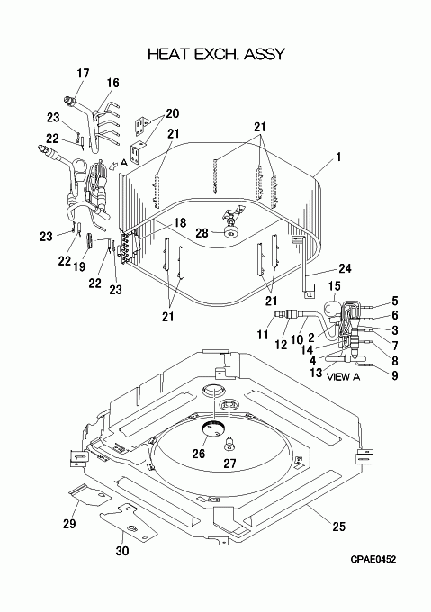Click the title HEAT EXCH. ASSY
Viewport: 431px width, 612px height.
pyautogui.click(x=217, y=54)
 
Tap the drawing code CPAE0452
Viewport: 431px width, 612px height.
pyautogui.click(x=373, y=559)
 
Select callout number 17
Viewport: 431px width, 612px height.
pyautogui.click(x=83, y=74)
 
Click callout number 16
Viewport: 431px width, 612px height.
pyautogui.click(x=112, y=83)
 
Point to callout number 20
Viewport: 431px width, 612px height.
pyautogui.click(x=173, y=113)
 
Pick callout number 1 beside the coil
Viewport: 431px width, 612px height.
pyautogui.click(x=338, y=157)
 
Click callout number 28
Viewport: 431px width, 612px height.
pyautogui.click(x=202, y=233)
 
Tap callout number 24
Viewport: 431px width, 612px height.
pyautogui.click(x=345, y=268)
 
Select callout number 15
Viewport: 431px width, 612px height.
pyautogui.click(x=334, y=285)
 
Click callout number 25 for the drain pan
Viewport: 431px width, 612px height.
pyautogui.click(x=339, y=526)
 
